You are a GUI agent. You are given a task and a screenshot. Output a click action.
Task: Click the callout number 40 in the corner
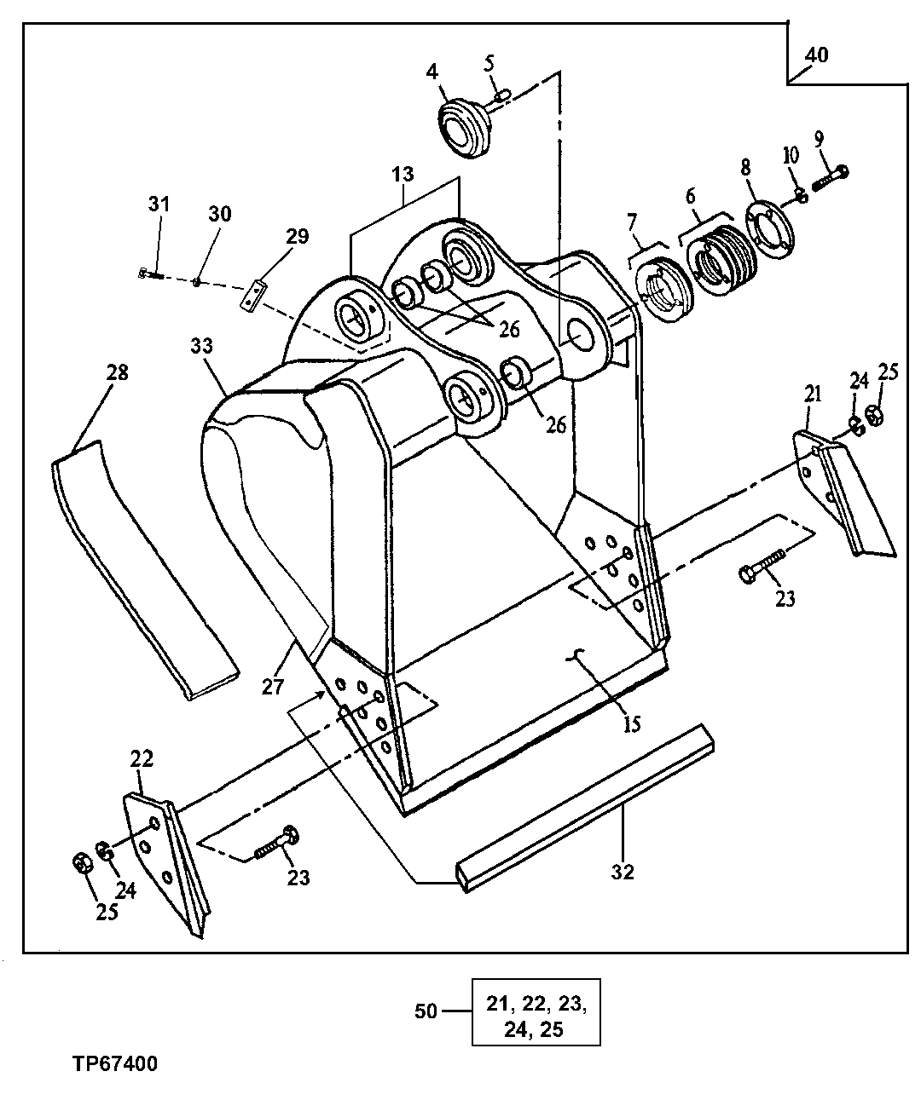[815, 55]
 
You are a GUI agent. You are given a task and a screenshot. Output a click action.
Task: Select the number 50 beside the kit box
[426, 1011]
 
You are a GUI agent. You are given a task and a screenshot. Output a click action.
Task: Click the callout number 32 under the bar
[623, 873]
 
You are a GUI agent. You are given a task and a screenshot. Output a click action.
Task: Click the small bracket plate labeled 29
[253, 293]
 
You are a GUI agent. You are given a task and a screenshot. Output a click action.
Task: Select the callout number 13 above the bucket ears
[403, 174]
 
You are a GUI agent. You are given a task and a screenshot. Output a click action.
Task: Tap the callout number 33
[201, 346]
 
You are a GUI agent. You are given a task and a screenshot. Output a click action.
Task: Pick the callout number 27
[272, 686]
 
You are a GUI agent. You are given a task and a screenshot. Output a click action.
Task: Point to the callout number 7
[631, 223]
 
